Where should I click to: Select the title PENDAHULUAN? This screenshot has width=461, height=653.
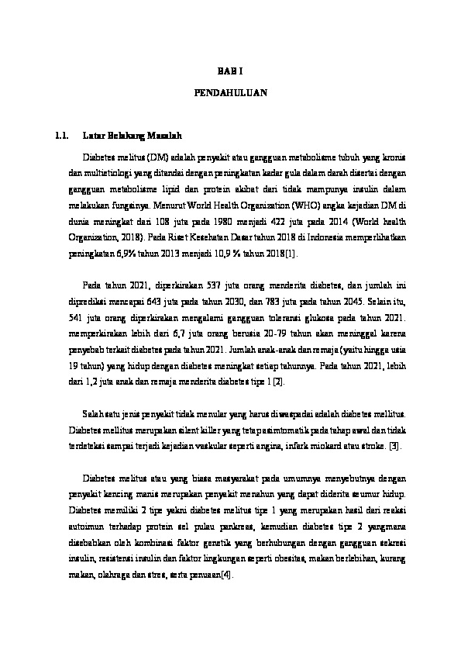click(230, 92)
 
